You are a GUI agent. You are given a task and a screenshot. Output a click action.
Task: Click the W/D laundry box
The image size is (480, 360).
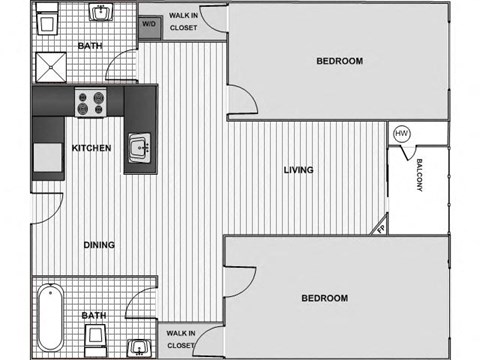pyautogui.click(x=149, y=23)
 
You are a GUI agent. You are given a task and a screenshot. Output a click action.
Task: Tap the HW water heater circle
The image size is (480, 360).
pyautogui.click(x=402, y=134)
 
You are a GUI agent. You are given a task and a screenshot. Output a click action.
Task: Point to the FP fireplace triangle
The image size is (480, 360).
pyautogui.click(x=381, y=229)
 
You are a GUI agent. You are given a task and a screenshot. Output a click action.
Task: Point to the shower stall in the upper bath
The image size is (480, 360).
pyautogui.click(x=51, y=65)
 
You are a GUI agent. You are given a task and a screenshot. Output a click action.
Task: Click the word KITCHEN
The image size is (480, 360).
pyautogui.click(x=91, y=148)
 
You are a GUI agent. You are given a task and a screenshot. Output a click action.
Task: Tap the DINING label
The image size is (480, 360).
pyautogui.click(x=99, y=244)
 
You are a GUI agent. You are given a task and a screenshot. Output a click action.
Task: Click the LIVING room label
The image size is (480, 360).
pyautogui.click(x=298, y=170)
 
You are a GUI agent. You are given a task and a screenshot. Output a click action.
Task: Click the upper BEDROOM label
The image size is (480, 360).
pyautogui.click(x=339, y=61)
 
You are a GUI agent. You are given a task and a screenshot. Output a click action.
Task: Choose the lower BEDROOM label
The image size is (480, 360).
pyautogui.click(x=324, y=298)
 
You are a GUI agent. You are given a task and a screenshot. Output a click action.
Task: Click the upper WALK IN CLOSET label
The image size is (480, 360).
pyautogui.click(x=182, y=22)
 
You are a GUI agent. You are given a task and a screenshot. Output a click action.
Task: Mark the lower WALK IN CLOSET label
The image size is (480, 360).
pyautogui.click(x=180, y=339)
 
